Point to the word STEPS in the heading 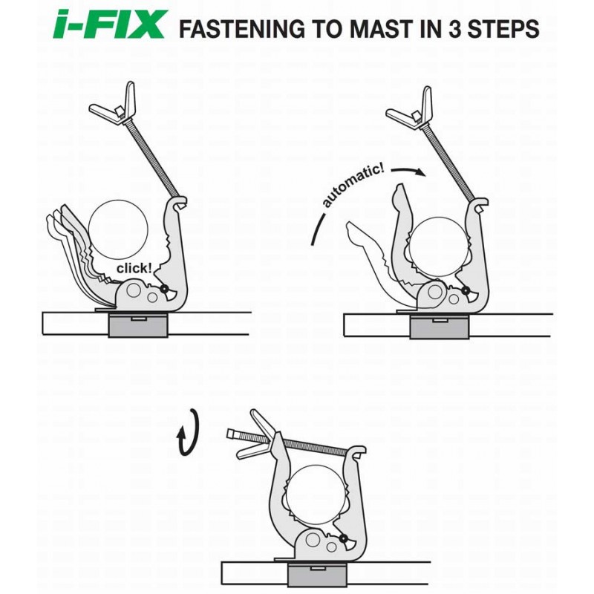[x=503, y=29]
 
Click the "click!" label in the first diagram [x=134, y=268]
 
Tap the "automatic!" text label [x=352, y=186]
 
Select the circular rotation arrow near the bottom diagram [x=188, y=432]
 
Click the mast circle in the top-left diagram [x=118, y=229]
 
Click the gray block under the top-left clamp [x=138, y=324]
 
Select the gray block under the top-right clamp [x=440, y=327]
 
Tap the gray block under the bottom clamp [x=318, y=574]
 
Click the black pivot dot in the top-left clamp [x=165, y=289]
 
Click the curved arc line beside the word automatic [x=318, y=229]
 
